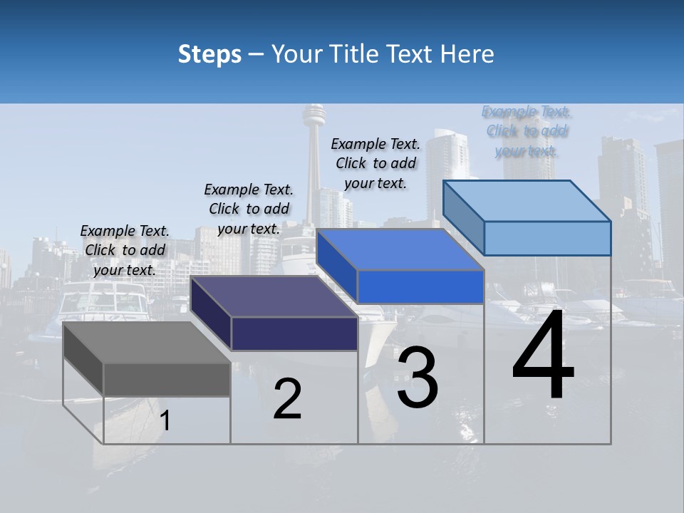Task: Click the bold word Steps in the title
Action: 209,54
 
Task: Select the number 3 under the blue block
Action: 417,378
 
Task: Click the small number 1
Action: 165,421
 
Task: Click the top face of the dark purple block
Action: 274,296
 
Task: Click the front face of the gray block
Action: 167,379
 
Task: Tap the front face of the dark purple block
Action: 294,333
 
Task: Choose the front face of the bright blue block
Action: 420,286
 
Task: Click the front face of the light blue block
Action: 547,238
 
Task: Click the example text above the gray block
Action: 125,251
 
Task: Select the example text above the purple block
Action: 249,209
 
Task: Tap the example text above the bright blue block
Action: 375,163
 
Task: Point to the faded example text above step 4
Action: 527,131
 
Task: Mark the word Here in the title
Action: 469,54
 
